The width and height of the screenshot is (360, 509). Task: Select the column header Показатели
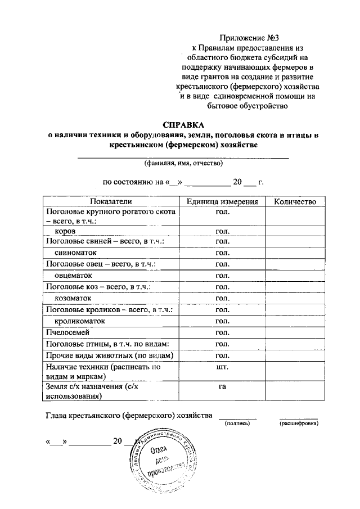pyautogui.click(x=110, y=201)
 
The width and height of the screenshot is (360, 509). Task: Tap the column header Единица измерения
pyautogui.click(x=222, y=201)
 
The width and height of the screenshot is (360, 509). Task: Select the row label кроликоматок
pyautogui.click(x=79, y=321)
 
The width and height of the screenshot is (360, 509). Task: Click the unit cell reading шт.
pyautogui.click(x=222, y=367)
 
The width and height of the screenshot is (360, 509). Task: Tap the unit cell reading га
pyautogui.click(x=222, y=387)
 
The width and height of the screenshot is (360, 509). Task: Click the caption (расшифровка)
pyautogui.click(x=298, y=423)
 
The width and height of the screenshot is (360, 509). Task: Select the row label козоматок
pyautogui.click(x=73, y=298)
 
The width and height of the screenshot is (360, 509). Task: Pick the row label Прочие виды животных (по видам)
pyautogui.click(x=109, y=355)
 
